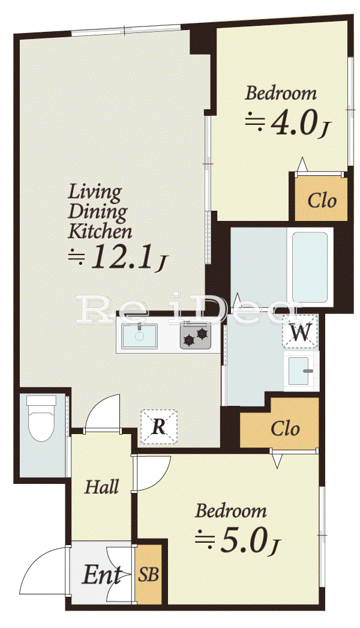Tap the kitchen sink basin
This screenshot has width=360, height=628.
pos(139,336)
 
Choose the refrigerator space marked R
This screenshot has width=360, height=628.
pos(159,426)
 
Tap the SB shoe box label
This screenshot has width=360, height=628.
pos(149,575)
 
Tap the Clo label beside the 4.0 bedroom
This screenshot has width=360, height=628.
pos(322,200)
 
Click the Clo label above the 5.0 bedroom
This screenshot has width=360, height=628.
pos(285,429)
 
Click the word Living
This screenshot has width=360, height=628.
pos(95,193)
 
